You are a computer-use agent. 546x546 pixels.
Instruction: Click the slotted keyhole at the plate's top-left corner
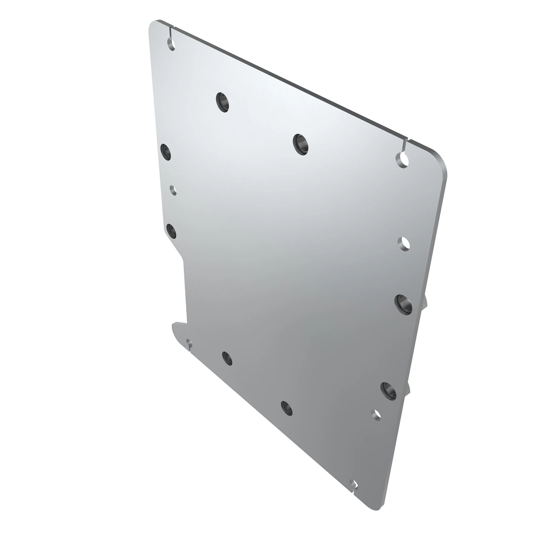click(171, 43)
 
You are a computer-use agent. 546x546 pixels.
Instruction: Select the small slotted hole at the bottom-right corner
click(354, 484)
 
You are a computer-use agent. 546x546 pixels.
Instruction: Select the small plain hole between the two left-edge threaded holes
click(173, 189)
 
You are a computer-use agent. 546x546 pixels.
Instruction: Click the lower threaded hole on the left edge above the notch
click(172, 231)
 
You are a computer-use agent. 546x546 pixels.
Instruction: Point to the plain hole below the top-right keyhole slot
click(404, 243)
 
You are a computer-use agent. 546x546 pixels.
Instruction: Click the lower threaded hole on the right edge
click(388, 390)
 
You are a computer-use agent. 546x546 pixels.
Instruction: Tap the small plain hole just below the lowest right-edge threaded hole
click(376, 414)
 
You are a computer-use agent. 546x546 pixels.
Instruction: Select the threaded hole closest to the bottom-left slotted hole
click(227, 358)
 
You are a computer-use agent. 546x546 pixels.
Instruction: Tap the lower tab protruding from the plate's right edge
click(408, 387)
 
